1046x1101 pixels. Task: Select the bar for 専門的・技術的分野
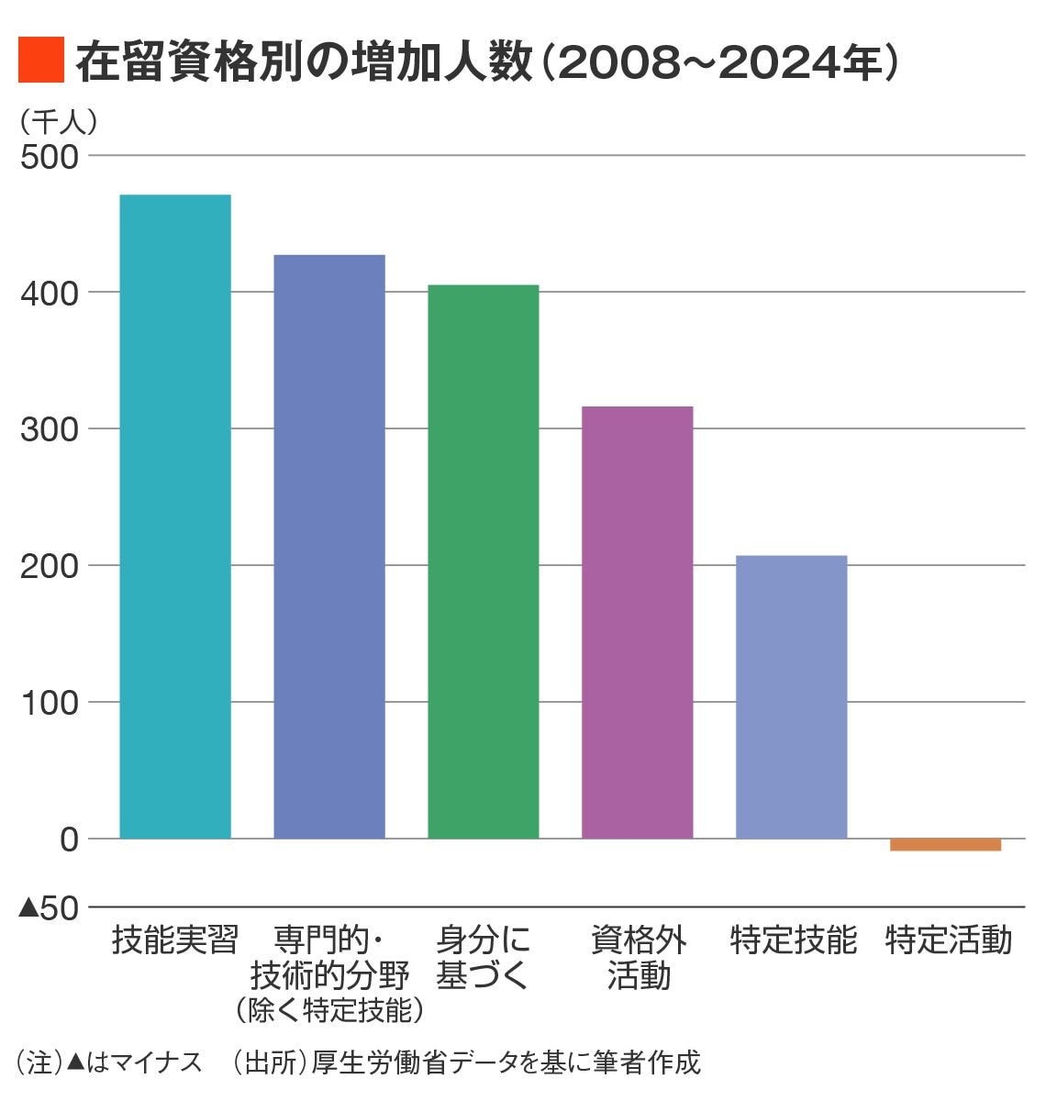[329, 546]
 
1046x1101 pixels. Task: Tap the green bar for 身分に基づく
[484, 561]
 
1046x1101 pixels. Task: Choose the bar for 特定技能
[791, 696]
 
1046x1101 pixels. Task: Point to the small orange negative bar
[945, 844]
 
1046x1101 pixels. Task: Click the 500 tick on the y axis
[50, 156]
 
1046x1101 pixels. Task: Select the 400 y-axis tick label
[50, 293]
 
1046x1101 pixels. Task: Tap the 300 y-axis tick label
[50, 429]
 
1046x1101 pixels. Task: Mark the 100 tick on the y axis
[50, 703]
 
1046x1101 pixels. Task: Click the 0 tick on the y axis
[70, 839]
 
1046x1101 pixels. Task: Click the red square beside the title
[40, 61]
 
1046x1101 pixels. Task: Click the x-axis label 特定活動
[949, 940]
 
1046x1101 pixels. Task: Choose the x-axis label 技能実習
[175, 940]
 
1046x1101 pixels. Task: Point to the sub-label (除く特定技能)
[329, 1009]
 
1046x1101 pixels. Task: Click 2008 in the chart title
[612, 62]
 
